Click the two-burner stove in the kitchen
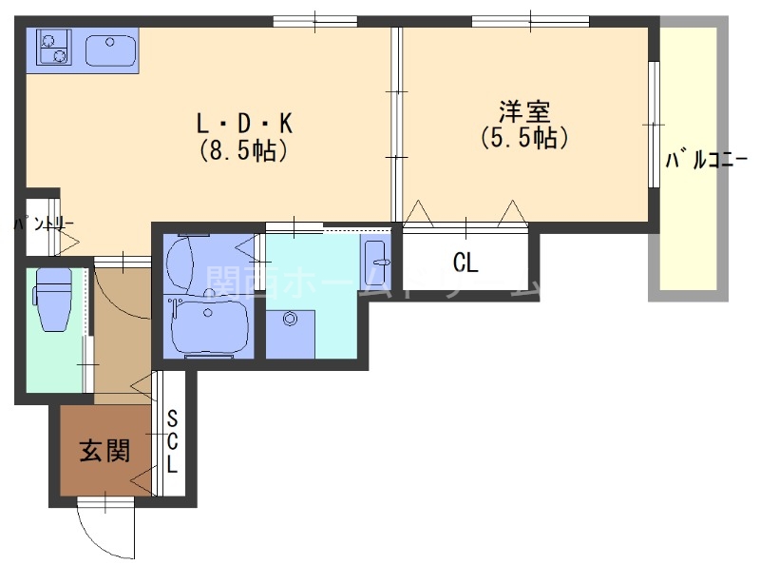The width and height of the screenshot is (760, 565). coord(53,47)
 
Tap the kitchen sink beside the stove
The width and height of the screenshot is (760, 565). coord(112,47)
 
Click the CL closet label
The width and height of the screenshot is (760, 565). coord(465,262)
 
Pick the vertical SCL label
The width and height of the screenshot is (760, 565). coord(173,441)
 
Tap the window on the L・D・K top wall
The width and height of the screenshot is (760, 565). coord(314,20)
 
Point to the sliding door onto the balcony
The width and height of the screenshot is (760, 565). coord(654,124)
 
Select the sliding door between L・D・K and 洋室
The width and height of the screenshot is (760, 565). coord(397,124)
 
